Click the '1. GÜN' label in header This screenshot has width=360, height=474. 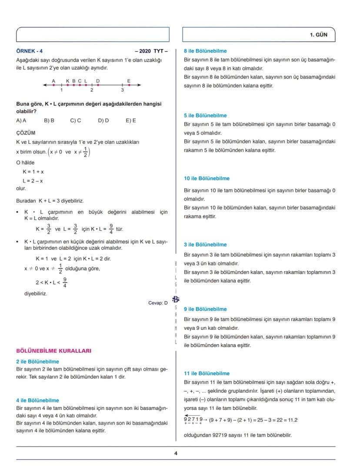[x=319, y=35]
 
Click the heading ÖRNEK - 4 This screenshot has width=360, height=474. [x=30, y=51]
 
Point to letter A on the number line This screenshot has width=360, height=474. [x=53, y=81]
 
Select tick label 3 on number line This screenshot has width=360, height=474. [x=122, y=90]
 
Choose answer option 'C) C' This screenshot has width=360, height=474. [x=76, y=120]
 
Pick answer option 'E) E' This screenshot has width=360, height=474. [x=130, y=120]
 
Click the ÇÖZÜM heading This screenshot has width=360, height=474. [x=26, y=133]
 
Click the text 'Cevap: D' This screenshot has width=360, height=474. [x=158, y=303]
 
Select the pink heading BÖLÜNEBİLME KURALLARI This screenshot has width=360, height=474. [x=53, y=351]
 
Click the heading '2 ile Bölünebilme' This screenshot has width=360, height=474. [x=37, y=361]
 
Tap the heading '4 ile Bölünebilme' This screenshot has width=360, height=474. [x=37, y=400]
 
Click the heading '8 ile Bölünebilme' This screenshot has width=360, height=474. [x=205, y=51]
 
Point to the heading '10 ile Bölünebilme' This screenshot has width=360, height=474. [x=207, y=178]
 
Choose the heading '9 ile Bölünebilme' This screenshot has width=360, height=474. [x=205, y=309]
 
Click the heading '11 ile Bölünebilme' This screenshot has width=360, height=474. [x=207, y=373]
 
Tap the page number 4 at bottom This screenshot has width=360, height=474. [x=176, y=453]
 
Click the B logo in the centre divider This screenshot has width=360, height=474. [x=176, y=299]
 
